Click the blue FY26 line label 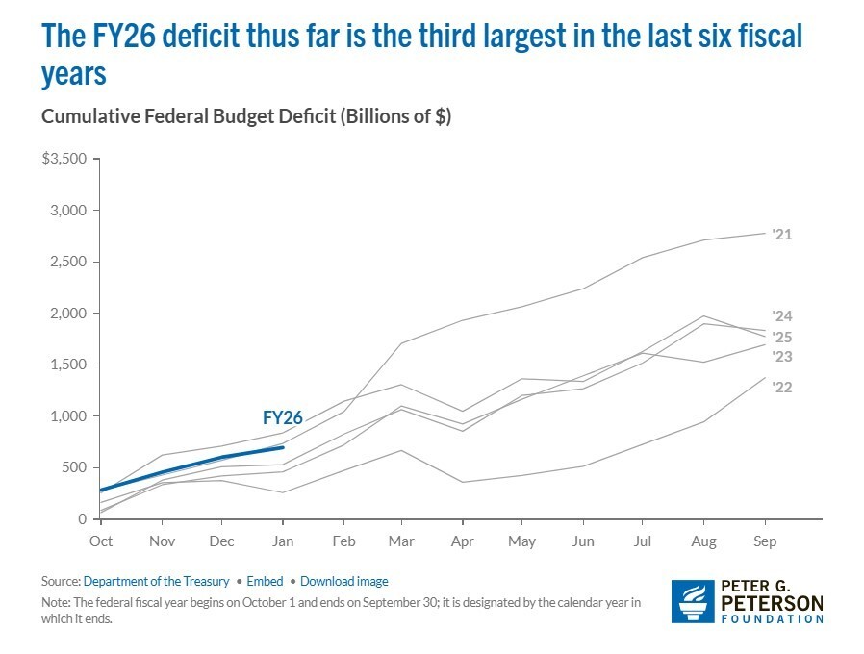click(x=282, y=417)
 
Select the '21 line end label click(x=781, y=234)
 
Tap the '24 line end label click(x=781, y=315)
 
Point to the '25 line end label click(x=781, y=337)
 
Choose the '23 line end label click(x=781, y=357)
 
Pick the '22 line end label click(x=781, y=387)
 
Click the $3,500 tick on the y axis click(x=64, y=158)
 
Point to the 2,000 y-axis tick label click(x=68, y=314)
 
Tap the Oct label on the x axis click(x=101, y=541)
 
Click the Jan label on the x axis click(x=282, y=541)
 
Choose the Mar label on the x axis click(x=402, y=541)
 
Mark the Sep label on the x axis click(x=764, y=541)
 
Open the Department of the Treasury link click(x=156, y=581)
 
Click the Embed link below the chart click(x=265, y=581)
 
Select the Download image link click(x=343, y=581)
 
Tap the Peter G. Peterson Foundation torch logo click(x=691, y=601)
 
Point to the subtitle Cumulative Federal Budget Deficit click(x=245, y=116)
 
